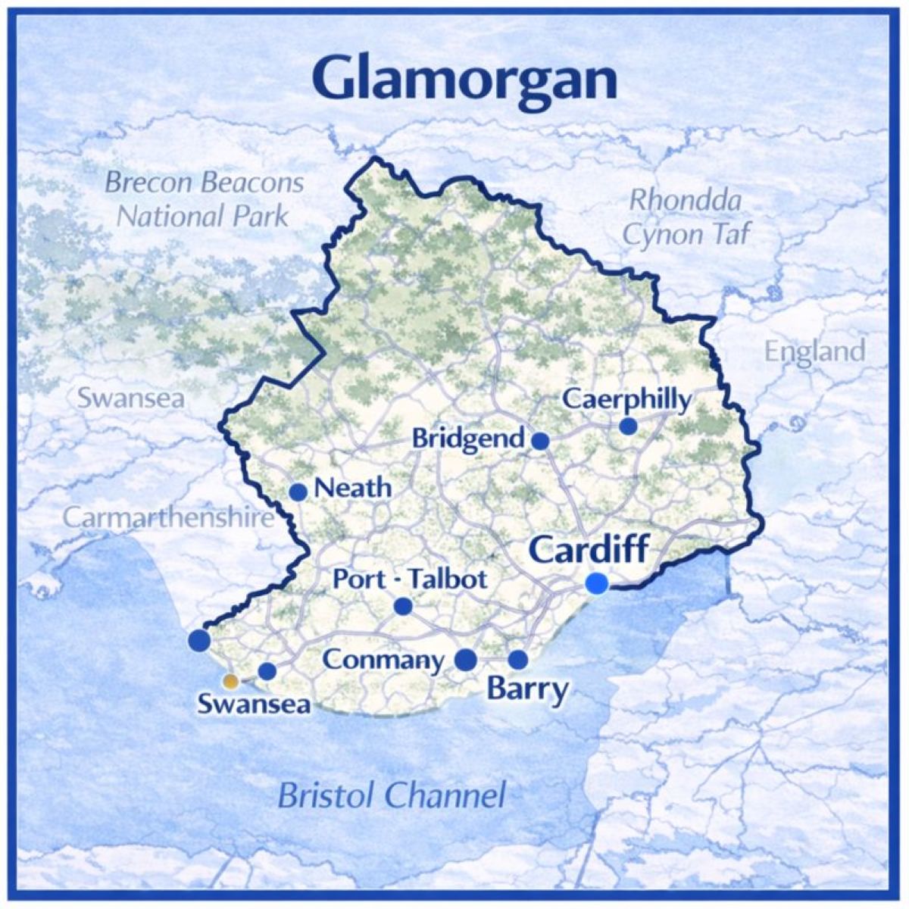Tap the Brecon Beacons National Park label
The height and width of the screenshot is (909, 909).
point(204,199)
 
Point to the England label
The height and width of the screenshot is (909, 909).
point(814,351)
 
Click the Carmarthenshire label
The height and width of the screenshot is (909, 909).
point(167,518)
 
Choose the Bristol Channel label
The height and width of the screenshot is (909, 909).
point(391,796)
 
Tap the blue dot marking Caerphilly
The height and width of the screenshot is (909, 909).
point(628,426)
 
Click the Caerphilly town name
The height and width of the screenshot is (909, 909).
point(627,399)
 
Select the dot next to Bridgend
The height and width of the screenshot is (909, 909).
point(540,441)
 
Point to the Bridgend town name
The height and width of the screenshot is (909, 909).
point(469,439)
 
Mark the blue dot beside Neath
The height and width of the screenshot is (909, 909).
point(298,492)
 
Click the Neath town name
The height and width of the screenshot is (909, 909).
point(353,489)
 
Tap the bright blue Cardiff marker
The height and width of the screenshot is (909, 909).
point(597,583)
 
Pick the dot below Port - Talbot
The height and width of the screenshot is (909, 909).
point(403,606)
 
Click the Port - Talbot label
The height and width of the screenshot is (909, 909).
point(410,579)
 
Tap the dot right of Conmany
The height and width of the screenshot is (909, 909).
point(466,660)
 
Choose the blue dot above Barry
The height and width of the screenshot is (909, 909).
point(518,660)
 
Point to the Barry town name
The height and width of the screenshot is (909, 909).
point(527,690)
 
